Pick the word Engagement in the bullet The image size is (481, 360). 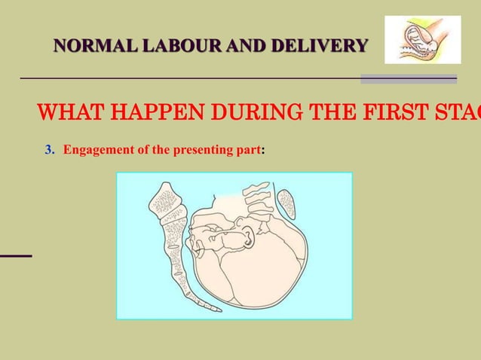click(98, 149)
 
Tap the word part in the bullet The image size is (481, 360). click(246, 149)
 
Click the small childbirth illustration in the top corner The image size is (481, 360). click(422, 40)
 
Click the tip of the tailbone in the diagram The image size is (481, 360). click(216, 308)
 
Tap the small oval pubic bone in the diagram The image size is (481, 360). click(287, 203)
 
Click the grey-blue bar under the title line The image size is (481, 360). click(408, 78)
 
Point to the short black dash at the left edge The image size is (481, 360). click(15, 256)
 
